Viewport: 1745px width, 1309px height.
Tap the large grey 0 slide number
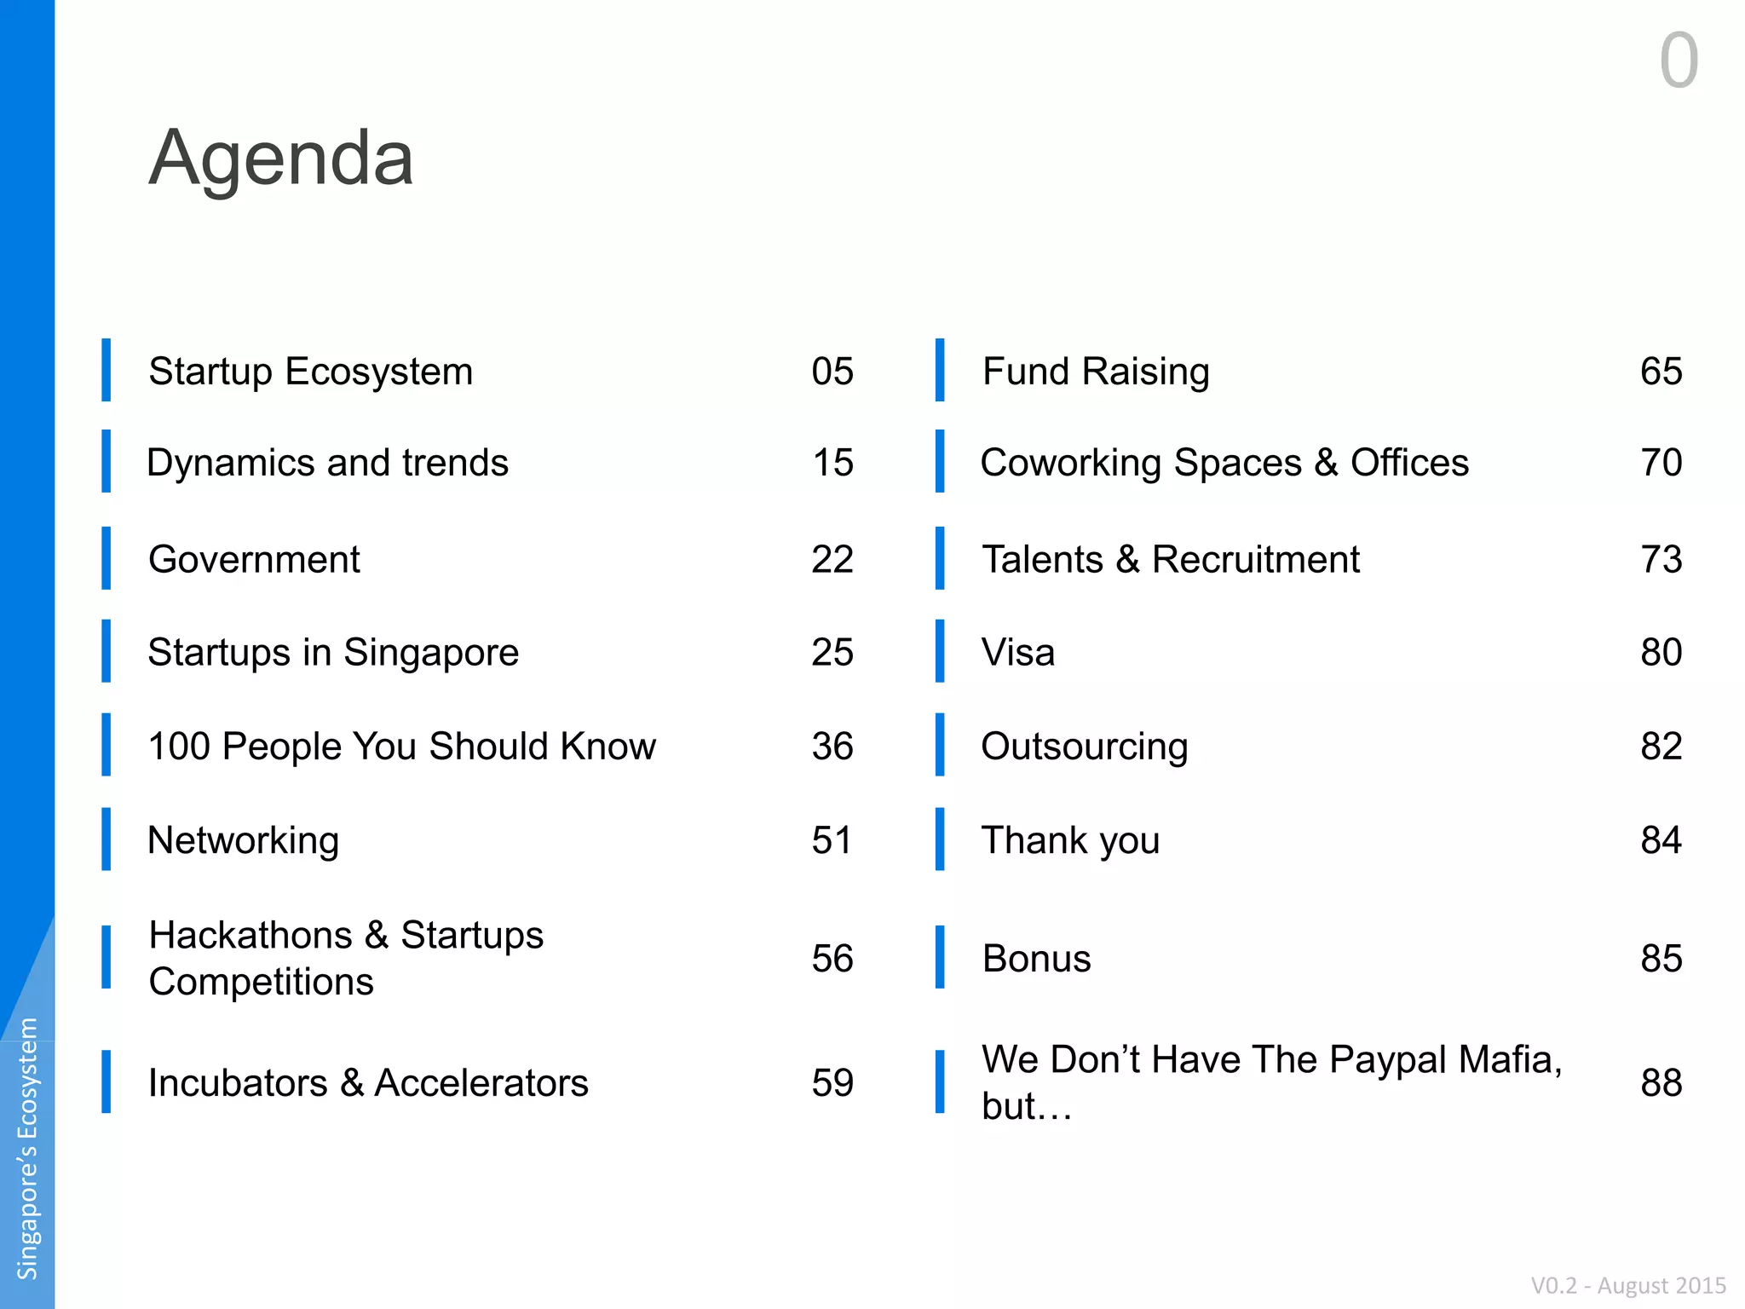point(1679,61)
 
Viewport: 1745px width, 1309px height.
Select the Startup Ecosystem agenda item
point(310,372)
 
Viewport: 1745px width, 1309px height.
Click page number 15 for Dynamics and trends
point(832,463)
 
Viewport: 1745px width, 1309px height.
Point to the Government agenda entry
point(254,560)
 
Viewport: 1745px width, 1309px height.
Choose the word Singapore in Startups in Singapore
point(431,654)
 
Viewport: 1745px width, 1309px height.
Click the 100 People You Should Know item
point(402,747)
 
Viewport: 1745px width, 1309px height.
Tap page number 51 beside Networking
point(832,840)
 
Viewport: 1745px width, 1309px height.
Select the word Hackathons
point(251,935)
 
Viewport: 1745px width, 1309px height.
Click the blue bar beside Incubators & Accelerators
point(106,1081)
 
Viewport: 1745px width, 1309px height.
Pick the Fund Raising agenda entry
point(1096,372)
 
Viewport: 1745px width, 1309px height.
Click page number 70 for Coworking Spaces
point(1661,463)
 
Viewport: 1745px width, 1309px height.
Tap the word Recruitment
point(1256,560)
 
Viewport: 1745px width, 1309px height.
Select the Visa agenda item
point(1018,653)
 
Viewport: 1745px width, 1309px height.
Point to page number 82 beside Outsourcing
point(1661,747)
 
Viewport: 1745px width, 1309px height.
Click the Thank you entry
point(1071,841)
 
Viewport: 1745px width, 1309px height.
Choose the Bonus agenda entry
point(1037,959)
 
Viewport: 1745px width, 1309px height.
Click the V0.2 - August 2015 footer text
point(1628,1285)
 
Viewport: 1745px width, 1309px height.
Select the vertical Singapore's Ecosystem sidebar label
point(28,1149)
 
